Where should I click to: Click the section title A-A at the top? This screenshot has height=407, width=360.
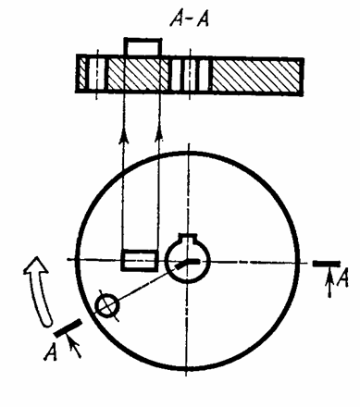(190, 20)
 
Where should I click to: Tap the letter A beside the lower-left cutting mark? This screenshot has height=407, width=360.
(50, 352)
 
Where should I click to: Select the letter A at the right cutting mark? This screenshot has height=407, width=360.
(342, 277)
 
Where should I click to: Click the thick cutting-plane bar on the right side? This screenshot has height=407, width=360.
(327, 264)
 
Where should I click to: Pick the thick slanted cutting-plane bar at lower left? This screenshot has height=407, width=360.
(68, 327)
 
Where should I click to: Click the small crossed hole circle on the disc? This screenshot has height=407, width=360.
(106, 306)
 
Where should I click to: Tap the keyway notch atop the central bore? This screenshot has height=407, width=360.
(188, 238)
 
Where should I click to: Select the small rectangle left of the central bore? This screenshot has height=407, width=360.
(140, 261)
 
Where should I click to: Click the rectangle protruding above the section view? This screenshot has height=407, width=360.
(143, 47)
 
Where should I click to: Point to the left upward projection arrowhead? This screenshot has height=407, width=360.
(124, 137)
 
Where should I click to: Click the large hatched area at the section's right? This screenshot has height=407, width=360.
(255, 76)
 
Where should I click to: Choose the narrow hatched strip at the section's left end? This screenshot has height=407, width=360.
(81, 74)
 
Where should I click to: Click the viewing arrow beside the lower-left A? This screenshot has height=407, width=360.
(73, 347)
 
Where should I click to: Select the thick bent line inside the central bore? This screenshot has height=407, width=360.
(187, 264)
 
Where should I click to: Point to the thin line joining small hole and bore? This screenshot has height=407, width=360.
(145, 284)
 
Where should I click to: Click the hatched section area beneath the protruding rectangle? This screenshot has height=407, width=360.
(138, 75)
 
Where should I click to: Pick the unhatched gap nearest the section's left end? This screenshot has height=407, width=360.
(95, 74)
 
